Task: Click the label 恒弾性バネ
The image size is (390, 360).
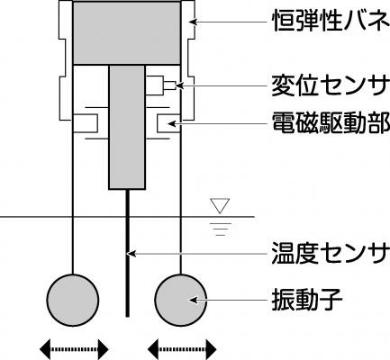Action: click(331, 22)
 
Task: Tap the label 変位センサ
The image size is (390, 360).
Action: click(329, 85)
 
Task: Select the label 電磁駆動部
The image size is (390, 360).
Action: click(331, 122)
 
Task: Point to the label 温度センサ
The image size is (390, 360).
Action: click(329, 254)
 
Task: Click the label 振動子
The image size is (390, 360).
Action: click(307, 300)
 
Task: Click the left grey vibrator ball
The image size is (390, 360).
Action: click(73, 300)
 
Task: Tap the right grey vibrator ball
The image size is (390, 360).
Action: click(181, 300)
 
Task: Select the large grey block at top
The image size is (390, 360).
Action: click(127, 32)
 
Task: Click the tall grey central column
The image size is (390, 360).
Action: click(127, 127)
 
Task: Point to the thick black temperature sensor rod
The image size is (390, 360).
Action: click(127, 253)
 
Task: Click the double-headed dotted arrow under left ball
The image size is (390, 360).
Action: click(74, 349)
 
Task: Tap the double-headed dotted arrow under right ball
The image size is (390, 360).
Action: click(182, 349)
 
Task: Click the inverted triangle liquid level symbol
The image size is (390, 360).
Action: click(220, 206)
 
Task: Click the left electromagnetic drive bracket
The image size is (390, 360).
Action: click(86, 123)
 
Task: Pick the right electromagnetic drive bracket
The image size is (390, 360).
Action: click(168, 123)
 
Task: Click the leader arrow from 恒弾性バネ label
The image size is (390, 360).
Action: click(228, 22)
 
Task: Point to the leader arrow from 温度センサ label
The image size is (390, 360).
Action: click(197, 254)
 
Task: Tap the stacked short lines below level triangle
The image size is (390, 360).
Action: click(220, 229)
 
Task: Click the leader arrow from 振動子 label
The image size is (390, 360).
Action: click(228, 300)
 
